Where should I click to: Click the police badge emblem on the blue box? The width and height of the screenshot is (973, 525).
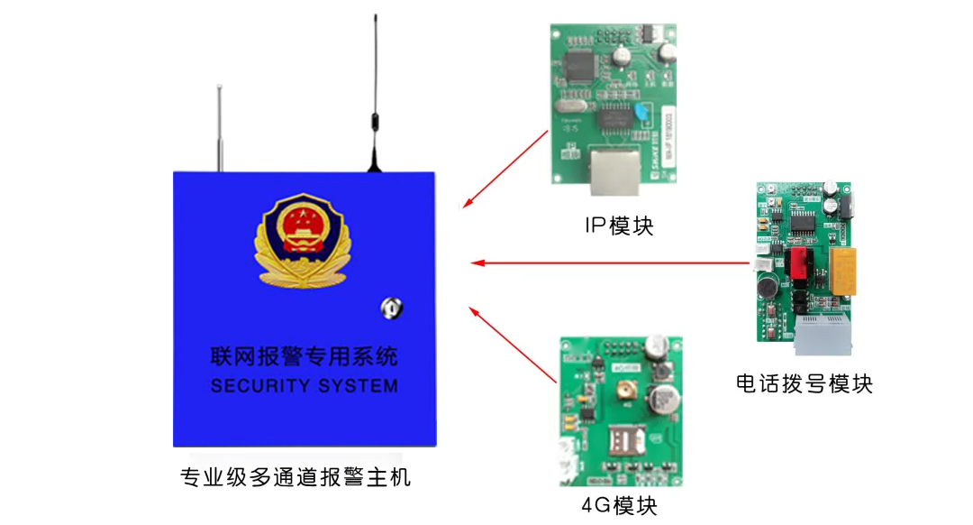(x=299, y=240)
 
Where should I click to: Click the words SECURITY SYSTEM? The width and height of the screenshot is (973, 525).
(x=304, y=386)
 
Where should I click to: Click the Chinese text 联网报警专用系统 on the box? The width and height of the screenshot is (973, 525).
(x=304, y=357)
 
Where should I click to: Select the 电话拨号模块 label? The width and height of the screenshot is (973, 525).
(x=805, y=383)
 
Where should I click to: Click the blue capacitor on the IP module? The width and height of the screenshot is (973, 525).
(x=641, y=113)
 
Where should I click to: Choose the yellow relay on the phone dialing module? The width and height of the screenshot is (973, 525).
(x=842, y=272)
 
